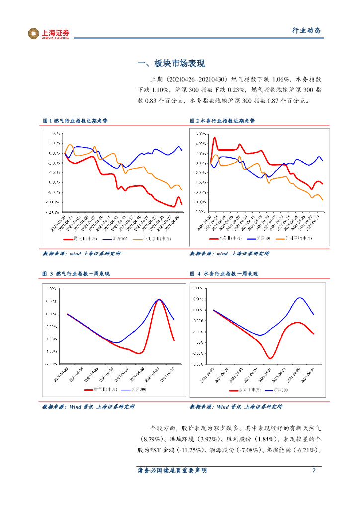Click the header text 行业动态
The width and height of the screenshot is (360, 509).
click(305, 31)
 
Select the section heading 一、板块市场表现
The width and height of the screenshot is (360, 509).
click(171, 64)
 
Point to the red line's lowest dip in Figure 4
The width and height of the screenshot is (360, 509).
click(270, 358)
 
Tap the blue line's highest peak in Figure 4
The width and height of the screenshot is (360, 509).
click(300, 298)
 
